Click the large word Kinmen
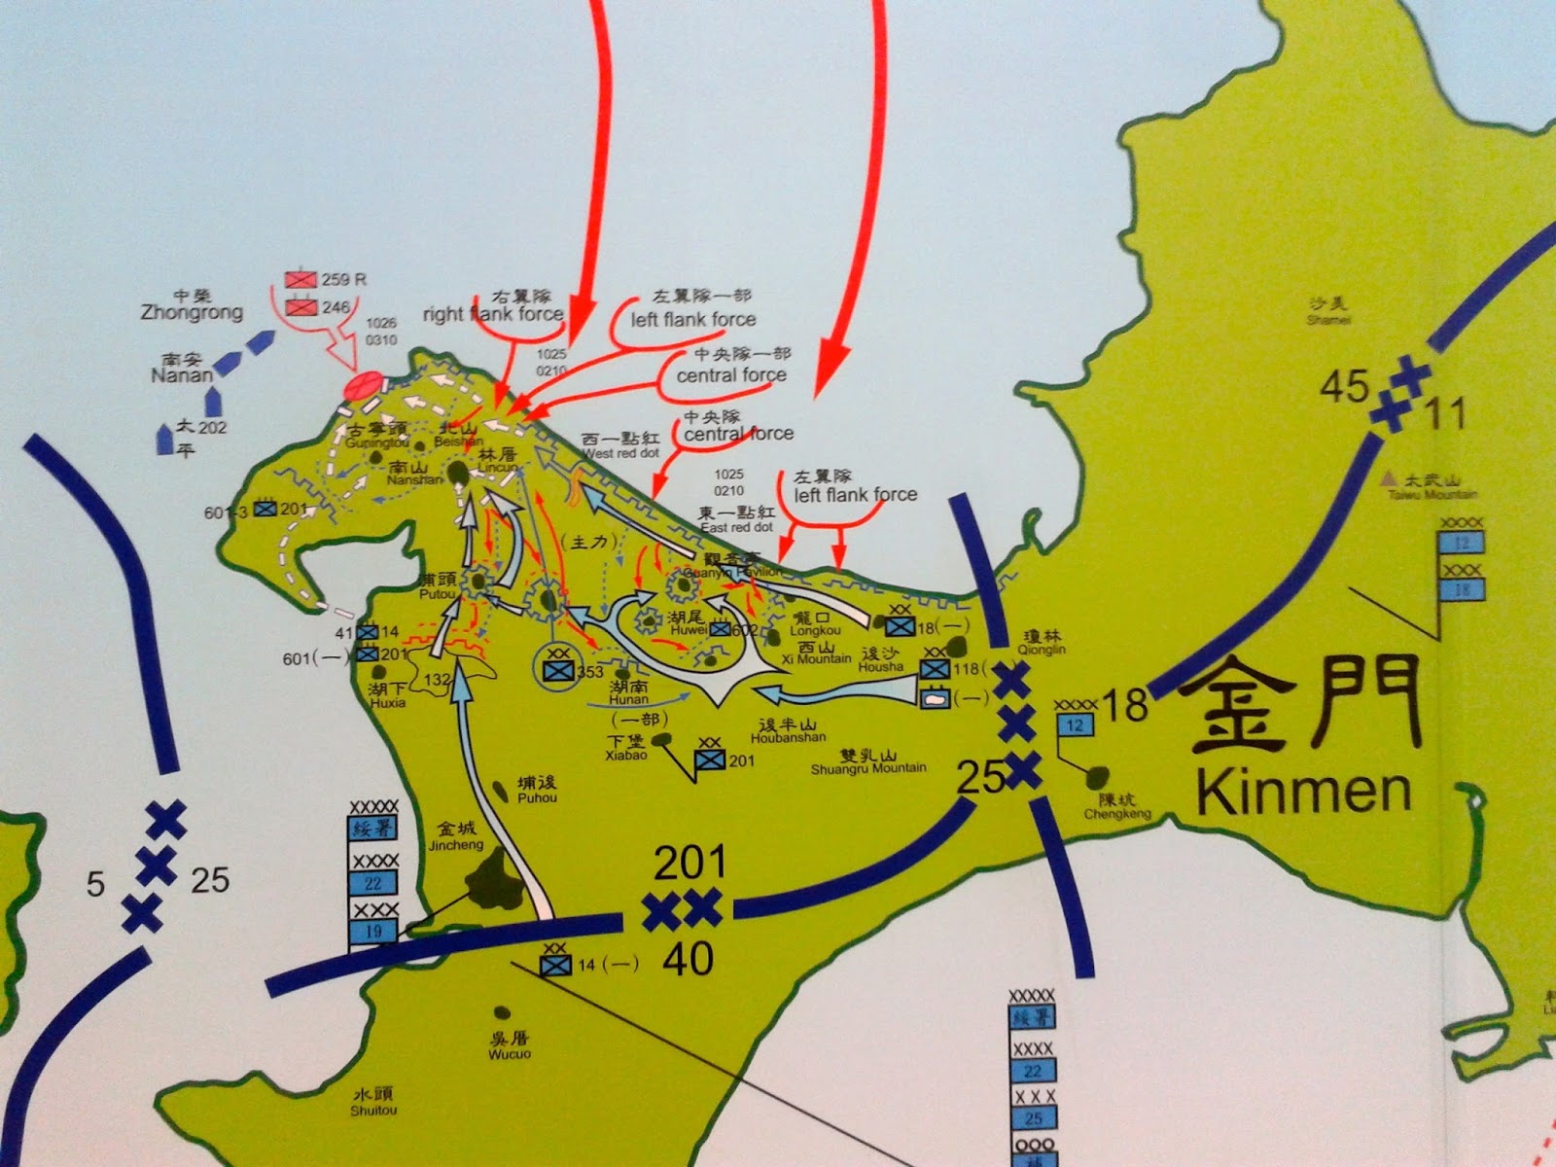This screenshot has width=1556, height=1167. (1303, 790)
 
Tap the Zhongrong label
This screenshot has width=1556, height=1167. (192, 312)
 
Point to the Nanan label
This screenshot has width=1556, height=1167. (181, 374)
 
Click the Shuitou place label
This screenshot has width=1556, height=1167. (373, 1110)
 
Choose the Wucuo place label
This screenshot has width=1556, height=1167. (509, 1053)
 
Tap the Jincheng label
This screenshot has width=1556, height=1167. (455, 845)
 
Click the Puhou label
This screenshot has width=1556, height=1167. (537, 797)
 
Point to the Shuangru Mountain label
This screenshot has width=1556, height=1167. (868, 767)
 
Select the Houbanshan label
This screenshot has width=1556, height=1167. (788, 737)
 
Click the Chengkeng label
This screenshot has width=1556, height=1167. (1117, 814)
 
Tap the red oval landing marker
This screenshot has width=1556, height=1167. (362, 386)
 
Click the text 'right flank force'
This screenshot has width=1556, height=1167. (492, 314)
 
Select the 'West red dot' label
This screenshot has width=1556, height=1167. (620, 453)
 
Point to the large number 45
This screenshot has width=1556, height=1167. (1344, 387)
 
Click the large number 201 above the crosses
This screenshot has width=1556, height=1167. (690, 863)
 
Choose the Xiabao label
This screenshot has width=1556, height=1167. (626, 755)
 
